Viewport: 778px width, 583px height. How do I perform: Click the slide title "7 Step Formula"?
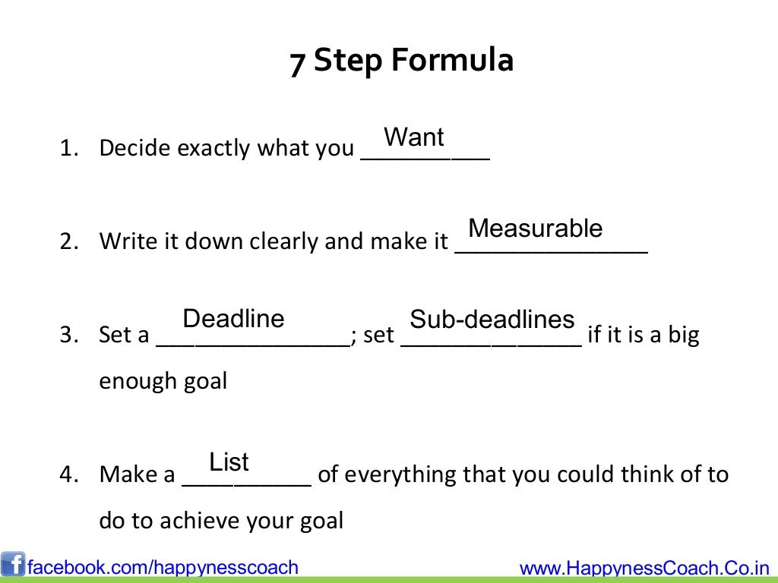(401, 61)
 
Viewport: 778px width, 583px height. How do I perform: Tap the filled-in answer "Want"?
(414, 137)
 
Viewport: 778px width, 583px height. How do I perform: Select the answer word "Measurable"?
(535, 228)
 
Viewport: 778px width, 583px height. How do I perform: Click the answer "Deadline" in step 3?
(233, 319)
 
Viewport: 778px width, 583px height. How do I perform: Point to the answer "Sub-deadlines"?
(492, 320)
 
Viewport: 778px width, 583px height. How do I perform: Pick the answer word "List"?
(229, 462)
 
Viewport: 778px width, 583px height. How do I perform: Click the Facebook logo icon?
(13, 565)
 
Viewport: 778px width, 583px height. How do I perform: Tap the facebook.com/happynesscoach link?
(163, 567)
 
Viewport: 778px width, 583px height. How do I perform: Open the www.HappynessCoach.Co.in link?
(644, 568)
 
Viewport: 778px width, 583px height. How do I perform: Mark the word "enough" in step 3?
(137, 381)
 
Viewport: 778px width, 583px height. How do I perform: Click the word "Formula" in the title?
(452, 61)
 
